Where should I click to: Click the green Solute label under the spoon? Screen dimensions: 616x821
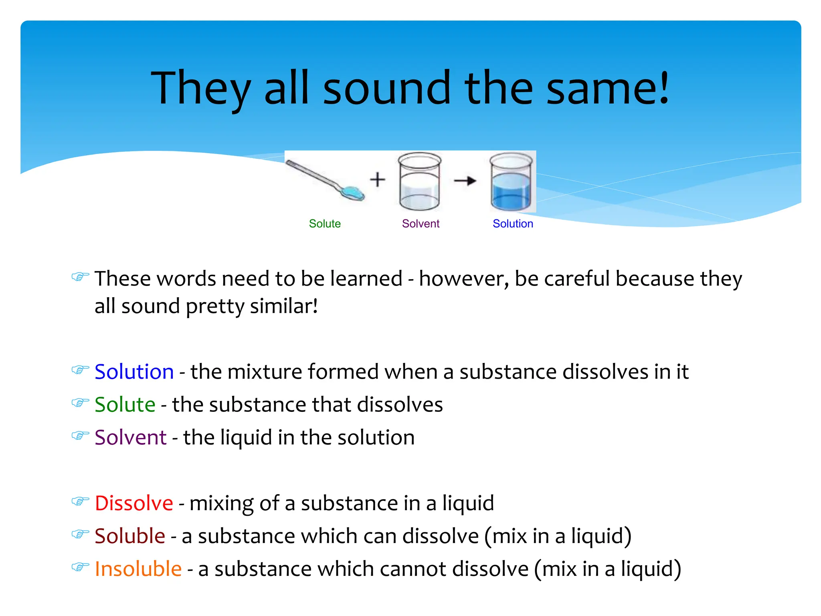coord(324,224)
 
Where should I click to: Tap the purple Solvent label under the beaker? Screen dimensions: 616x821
coord(421,224)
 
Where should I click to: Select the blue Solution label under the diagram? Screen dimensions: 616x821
coord(513,224)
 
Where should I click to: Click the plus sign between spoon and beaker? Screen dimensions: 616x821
coord(377,179)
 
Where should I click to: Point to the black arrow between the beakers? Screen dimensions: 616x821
coord(465,181)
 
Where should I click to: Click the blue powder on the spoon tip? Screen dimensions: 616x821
coord(352,193)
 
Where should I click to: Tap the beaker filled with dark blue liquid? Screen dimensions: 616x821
coord(511,182)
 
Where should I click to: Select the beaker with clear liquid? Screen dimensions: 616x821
coord(419,182)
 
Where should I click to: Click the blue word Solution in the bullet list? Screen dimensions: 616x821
coord(134,371)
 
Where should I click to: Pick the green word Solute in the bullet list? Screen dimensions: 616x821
coord(125,404)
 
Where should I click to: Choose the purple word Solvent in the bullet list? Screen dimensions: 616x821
coord(130,437)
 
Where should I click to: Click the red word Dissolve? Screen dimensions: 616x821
coord(133,503)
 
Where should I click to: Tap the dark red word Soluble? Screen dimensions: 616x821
coord(129,536)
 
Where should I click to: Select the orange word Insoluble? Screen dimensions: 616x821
coord(138,569)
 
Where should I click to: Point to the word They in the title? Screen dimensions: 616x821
coord(200,88)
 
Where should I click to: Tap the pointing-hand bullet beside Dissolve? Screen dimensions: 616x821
coord(80,502)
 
